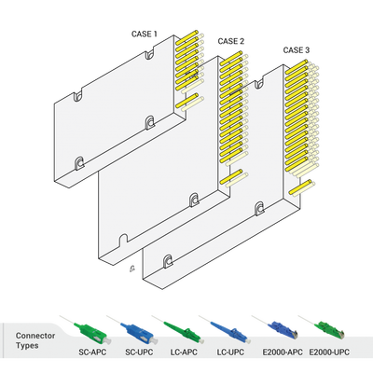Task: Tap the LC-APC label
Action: coord(182,354)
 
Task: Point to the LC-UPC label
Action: coord(229,354)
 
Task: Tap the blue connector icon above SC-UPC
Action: coord(127,328)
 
